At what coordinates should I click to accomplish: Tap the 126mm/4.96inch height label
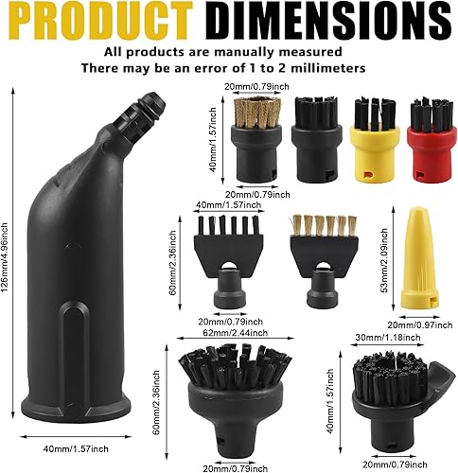pos(6,262)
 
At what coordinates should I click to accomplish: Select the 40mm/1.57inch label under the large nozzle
pos(76,448)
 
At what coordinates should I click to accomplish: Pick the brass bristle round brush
pos(255,139)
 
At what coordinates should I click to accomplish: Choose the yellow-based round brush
pos(375,140)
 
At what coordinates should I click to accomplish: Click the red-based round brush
pos(432,140)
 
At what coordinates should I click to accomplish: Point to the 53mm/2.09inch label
pos(384,260)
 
